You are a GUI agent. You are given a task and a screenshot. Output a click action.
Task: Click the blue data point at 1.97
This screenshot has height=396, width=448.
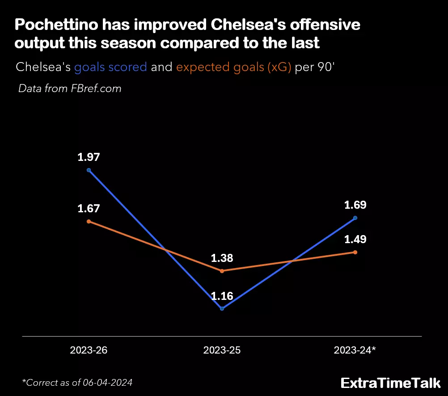click(89, 170)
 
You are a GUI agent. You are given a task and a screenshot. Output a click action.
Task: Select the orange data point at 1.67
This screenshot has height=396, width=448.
click(89, 221)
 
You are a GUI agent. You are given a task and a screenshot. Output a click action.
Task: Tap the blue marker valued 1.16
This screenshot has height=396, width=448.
click(222, 308)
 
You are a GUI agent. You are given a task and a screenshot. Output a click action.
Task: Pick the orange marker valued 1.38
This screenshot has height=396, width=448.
click(222, 271)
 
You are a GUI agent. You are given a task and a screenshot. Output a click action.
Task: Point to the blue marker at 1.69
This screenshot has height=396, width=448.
click(355, 218)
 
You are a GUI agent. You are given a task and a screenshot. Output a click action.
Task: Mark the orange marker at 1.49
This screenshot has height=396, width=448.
click(355, 252)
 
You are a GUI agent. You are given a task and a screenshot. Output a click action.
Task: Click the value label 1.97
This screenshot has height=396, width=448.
click(89, 157)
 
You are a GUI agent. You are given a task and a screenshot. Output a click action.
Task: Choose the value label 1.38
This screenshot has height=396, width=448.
click(222, 258)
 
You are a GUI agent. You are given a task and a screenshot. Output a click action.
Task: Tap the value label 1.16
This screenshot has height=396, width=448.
click(222, 296)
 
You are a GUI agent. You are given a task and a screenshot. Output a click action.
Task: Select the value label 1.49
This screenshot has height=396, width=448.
click(355, 240)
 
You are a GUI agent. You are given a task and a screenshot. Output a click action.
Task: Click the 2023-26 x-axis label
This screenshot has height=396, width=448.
click(89, 350)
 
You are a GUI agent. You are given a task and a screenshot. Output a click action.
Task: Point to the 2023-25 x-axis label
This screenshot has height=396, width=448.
click(222, 350)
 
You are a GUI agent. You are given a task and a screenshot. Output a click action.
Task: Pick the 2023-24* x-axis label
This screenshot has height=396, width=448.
click(355, 350)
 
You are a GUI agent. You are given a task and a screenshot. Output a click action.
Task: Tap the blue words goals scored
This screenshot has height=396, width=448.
click(110, 67)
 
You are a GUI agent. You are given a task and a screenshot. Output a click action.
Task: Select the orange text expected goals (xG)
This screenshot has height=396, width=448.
click(234, 67)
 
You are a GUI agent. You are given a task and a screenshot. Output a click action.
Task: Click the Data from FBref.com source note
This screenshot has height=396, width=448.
click(70, 88)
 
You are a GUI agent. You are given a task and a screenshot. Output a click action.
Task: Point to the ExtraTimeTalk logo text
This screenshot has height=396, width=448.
click(390, 383)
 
